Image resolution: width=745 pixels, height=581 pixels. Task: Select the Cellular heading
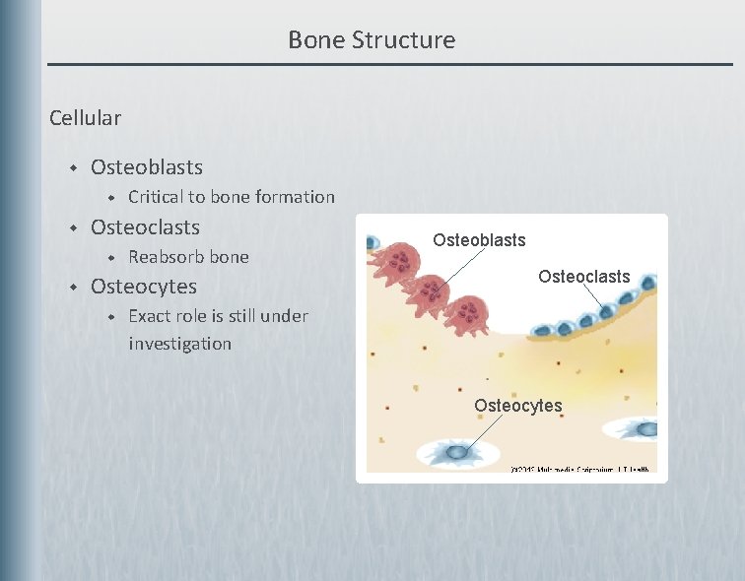pyautogui.click(x=85, y=118)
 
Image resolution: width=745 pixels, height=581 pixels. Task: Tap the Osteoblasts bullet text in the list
pyautogui.click(x=146, y=167)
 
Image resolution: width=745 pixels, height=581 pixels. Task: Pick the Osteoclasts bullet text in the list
pyautogui.click(x=145, y=227)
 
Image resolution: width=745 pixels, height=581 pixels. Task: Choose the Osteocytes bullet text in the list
pyautogui.click(x=143, y=287)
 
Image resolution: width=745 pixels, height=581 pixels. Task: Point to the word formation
pyautogui.click(x=295, y=197)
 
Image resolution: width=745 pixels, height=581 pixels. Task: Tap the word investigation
pyautogui.click(x=179, y=344)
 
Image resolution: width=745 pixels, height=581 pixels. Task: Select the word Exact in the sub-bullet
pyautogui.click(x=149, y=316)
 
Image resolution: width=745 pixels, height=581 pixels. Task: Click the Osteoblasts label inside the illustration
pyautogui.click(x=479, y=240)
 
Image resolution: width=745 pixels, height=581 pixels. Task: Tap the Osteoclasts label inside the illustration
pyautogui.click(x=583, y=277)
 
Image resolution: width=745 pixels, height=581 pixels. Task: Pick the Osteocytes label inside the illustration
pyautogui.click(x=517, y=406)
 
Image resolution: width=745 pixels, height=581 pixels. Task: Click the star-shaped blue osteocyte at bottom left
pyautogui.click(x=457, y=452)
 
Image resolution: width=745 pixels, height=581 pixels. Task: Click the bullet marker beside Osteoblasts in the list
pyautogui.click(x=72, y=168)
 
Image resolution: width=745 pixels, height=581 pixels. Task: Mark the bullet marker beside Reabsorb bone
pyautogui.click(x=111, y=258)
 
